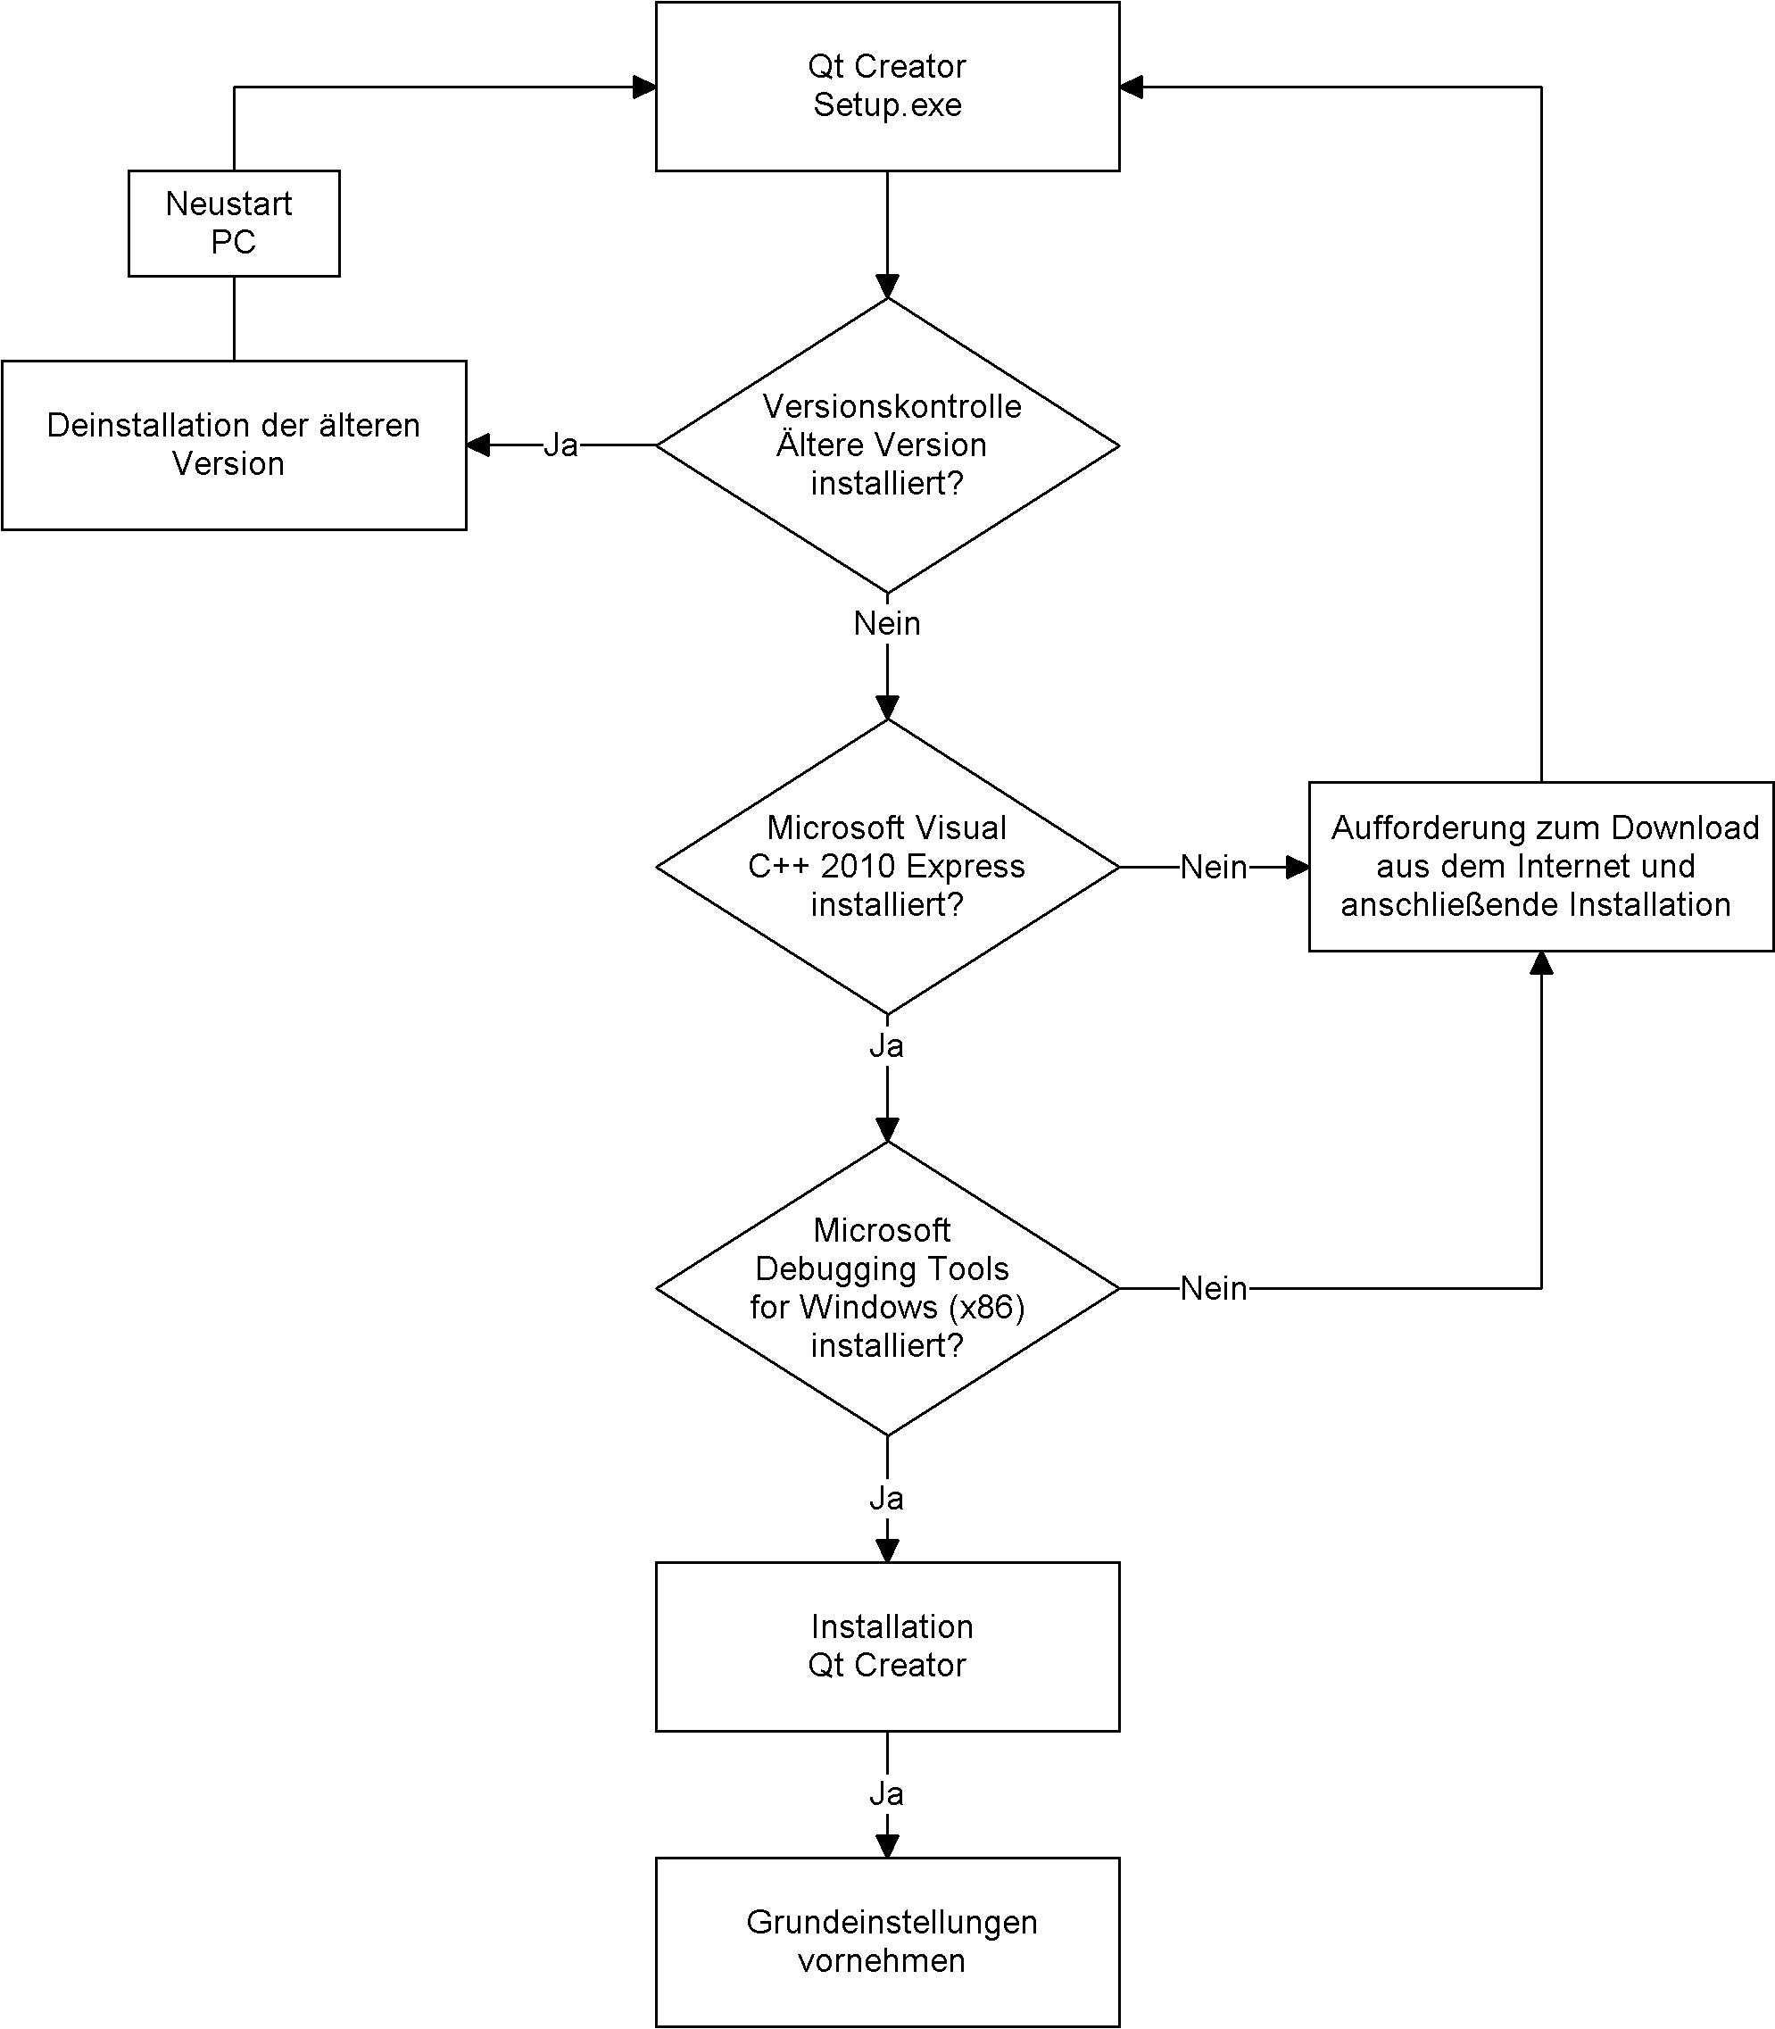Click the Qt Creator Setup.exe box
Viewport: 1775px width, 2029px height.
click(x=887, y=87)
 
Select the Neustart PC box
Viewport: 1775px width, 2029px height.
click(x=234, y=223)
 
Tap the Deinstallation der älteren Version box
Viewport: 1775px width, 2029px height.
click(x=234, y=445)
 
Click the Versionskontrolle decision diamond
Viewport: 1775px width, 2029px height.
click(x=887, y=445)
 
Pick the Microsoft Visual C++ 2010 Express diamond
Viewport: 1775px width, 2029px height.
click(x=887, y=867)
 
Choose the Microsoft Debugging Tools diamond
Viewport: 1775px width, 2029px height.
click(x=887, y=1288)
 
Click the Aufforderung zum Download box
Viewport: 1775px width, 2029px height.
click(x=1541, y=867)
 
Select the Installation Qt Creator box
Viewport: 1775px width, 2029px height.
click(x=887, y=1647)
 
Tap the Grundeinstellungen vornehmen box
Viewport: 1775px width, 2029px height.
click(x=887, y=1942)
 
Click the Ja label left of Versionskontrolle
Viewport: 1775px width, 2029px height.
click(x=560, y=445)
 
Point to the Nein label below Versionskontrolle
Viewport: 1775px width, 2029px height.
click(x=887, y=623)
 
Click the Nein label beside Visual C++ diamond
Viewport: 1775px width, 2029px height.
click(x=1215, y=867)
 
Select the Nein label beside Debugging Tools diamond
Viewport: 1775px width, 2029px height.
click(x=1215, y=1288)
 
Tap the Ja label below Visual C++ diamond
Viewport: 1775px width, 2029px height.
click(x=886, y=1045)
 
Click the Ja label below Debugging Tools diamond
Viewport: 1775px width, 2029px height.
click(x=886, y=1498)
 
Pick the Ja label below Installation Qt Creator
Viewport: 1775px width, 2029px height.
click(x=886, y=1793)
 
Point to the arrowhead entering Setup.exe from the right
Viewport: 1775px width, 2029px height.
click(x=1132, y=87)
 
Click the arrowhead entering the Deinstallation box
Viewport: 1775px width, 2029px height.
click(x=478, y=445)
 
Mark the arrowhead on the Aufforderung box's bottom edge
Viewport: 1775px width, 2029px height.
click(x=1541, y=963)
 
